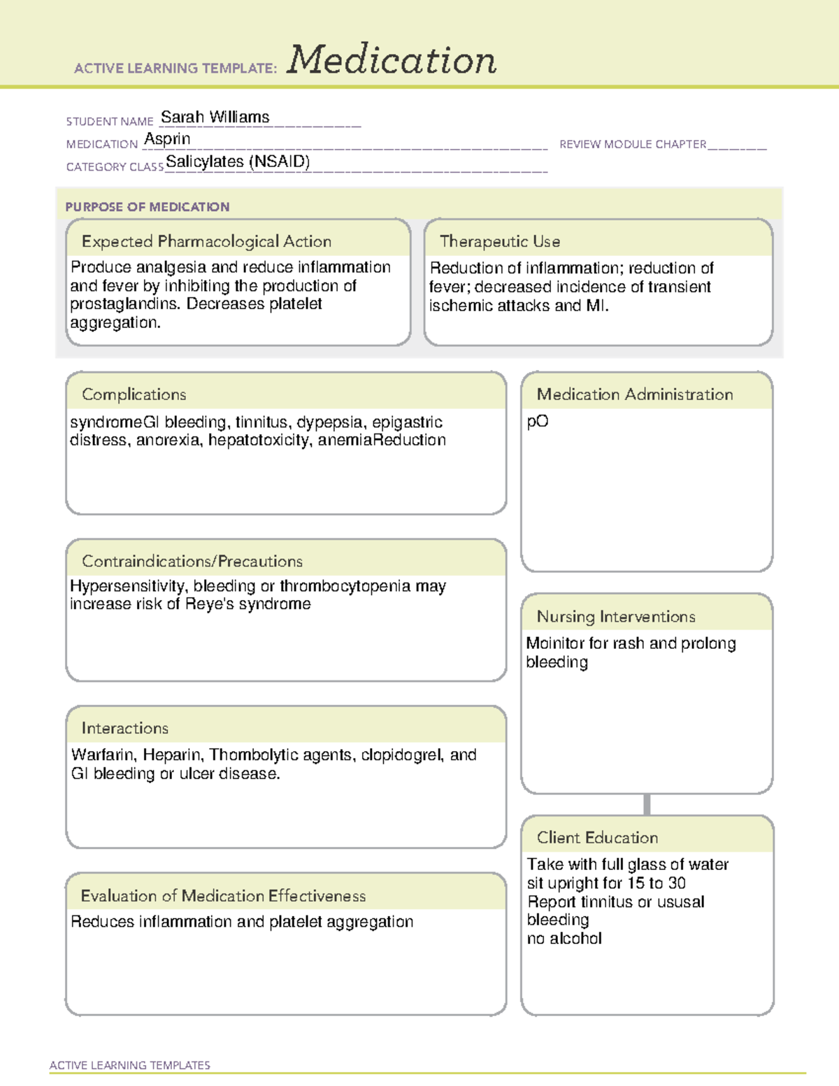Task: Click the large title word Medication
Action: tap(391, 60)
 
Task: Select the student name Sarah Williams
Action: tap(215, 117)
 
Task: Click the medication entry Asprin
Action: tap(167, 139)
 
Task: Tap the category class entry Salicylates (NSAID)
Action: tap(238, 162)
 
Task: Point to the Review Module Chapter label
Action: tap(632, 144)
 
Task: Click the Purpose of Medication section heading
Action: tap(147, 207)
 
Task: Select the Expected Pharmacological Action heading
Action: tap(206, 241)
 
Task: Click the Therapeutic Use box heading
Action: tap(499, 241)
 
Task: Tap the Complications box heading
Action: tap(134, 394)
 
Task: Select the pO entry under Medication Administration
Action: tap(537, 422)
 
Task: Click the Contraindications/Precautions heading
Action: tap(192, 561)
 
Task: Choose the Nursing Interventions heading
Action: tap(615, 616)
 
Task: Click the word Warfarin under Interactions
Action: tap(103, 755)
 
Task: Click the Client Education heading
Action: tap(597, 837)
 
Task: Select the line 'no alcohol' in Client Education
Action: tap(564, 938)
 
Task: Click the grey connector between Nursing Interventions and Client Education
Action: tap(647, 804)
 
